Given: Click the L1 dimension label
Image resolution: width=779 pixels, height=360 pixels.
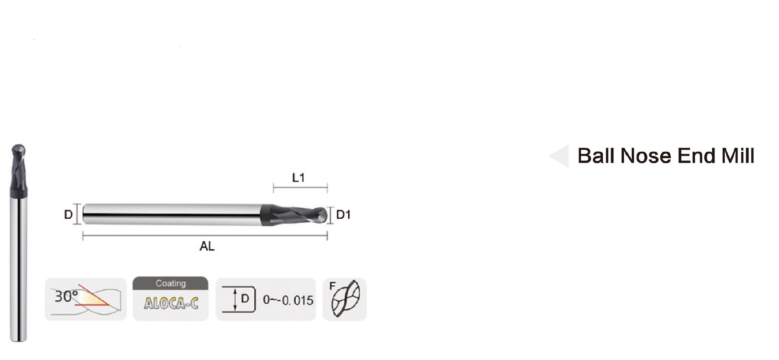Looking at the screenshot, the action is tap(298, 177).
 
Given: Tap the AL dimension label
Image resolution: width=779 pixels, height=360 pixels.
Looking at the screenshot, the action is tap(207, 246).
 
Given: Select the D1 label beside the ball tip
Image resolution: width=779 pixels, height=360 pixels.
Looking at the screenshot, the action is tap(343, 215).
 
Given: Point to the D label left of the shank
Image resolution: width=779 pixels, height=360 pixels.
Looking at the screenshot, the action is tap(68, 215).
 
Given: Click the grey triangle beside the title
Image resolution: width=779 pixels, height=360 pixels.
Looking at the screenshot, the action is tap(560, 156).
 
